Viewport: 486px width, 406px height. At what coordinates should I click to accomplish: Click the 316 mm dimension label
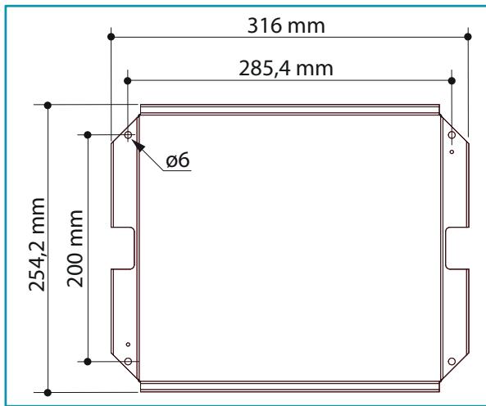click(x=286, y=25)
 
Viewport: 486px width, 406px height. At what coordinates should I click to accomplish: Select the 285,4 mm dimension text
click(x=286, y=69)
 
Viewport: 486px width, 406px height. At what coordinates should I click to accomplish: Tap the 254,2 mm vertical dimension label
click(x=37, y=245)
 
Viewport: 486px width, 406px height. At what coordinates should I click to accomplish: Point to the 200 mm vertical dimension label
click(x=75, y=249)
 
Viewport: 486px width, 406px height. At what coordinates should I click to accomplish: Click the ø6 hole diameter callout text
click(x=178, y=160)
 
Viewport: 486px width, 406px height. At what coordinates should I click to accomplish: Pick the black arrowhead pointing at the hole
click(x=139, y=146)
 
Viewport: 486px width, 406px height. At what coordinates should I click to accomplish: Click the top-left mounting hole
click(x=128, y=135)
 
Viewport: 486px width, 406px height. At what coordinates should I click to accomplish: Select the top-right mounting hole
click(x=452, y=135)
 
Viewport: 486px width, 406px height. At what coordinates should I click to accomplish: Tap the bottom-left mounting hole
click(x=128, y=361)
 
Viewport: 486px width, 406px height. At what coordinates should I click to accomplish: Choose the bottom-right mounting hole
click(x=452, y=361)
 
